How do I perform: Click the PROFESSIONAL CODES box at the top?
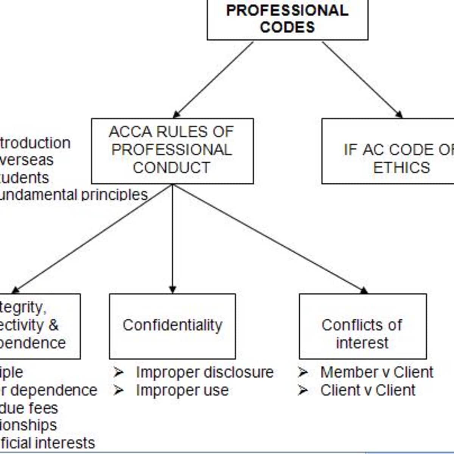[x=288, y=19]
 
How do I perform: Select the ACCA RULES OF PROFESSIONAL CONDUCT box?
[x=172, y=151]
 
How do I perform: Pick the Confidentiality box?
[x=172, y=326]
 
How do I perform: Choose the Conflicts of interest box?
[x=362, y=326]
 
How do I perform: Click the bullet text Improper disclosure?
[x=205, y=372]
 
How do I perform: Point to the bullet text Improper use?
[x=182, y=390]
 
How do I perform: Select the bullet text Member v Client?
[x=376, y=372]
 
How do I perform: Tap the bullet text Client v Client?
[x=368, y=390]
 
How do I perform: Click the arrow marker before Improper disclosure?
[x=118, y=373]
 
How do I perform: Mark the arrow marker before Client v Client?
[x=303, y=390]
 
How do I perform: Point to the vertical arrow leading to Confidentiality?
[x=173, y=238]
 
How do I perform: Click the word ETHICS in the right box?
[x=401, y=167]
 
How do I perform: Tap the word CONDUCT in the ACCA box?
[x=171, y=168]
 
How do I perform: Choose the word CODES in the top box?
[x=288, y=27]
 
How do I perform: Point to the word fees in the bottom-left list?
[x=45, y=408]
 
